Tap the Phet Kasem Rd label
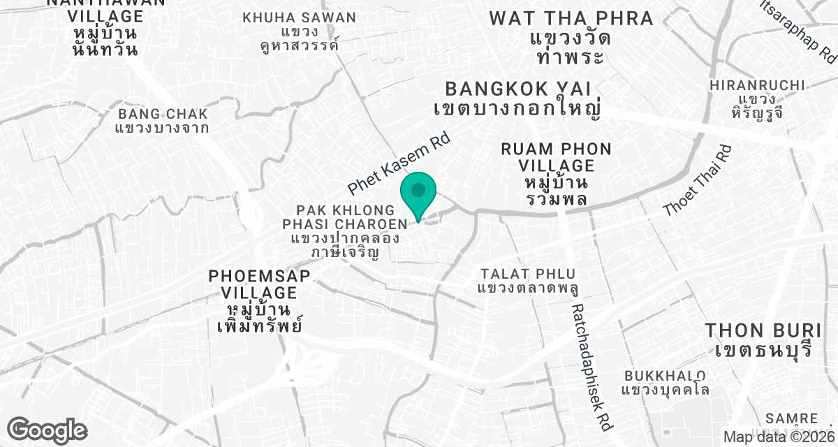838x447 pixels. pyautogui.click(x=399, y=164)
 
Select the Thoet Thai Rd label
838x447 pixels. pyautogui.click(x=698, y=180)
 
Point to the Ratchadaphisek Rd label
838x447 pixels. pyautogui.click(x=591, y=367)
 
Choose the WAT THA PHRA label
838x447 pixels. pyautogui.click(x=571, y=37)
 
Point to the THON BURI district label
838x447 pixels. pyautogui.click(x=760, y=339)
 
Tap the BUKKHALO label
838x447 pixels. pyautogui.click(x=665, y=383)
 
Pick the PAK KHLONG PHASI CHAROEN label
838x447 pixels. pyautogui.click(x=344, y=230)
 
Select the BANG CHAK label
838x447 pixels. pyautogui.click(x=163, y=120)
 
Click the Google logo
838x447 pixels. pyautogui.click(x=47, y=430)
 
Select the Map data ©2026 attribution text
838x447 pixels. pyautogui.click(x=778, y=437)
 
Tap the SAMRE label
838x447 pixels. pyautogui.click(x=791, y=418)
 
